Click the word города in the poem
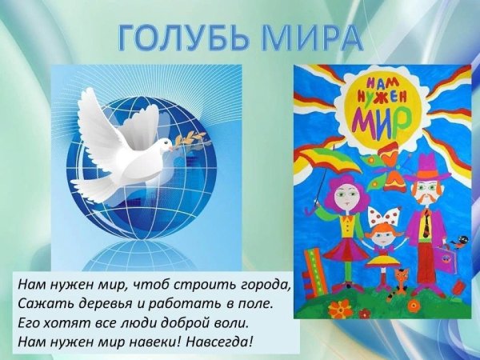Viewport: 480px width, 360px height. tap(263, 286)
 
